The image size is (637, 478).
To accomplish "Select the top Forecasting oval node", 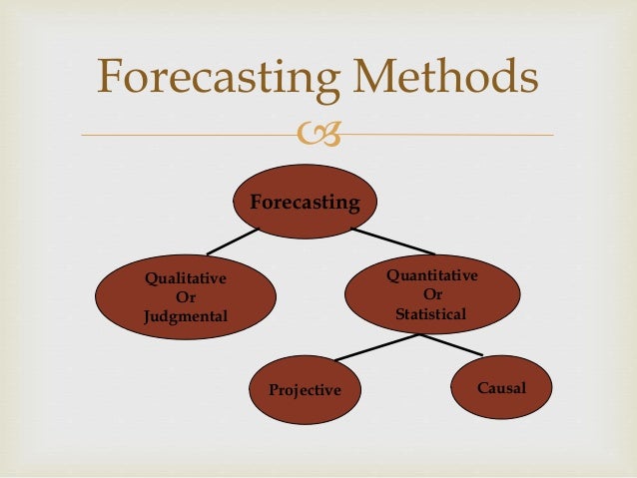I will tap(305, 202).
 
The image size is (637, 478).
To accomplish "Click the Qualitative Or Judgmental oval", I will tap(186, 297).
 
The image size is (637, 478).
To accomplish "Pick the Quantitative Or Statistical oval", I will tap(431, 292).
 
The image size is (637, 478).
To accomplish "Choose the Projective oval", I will tap(305, 388).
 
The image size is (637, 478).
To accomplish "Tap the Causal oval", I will tap(500, 385).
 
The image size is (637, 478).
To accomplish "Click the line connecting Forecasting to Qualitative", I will tap(231, 240).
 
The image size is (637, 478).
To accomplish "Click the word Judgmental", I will tap(186, 316).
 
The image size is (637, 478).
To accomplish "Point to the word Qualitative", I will tap(186, 278).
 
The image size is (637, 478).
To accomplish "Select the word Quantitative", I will tap(431, 274).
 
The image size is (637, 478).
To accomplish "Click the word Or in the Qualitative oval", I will tap(186, 297).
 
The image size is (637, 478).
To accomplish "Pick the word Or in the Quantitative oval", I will tap(432, 294).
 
